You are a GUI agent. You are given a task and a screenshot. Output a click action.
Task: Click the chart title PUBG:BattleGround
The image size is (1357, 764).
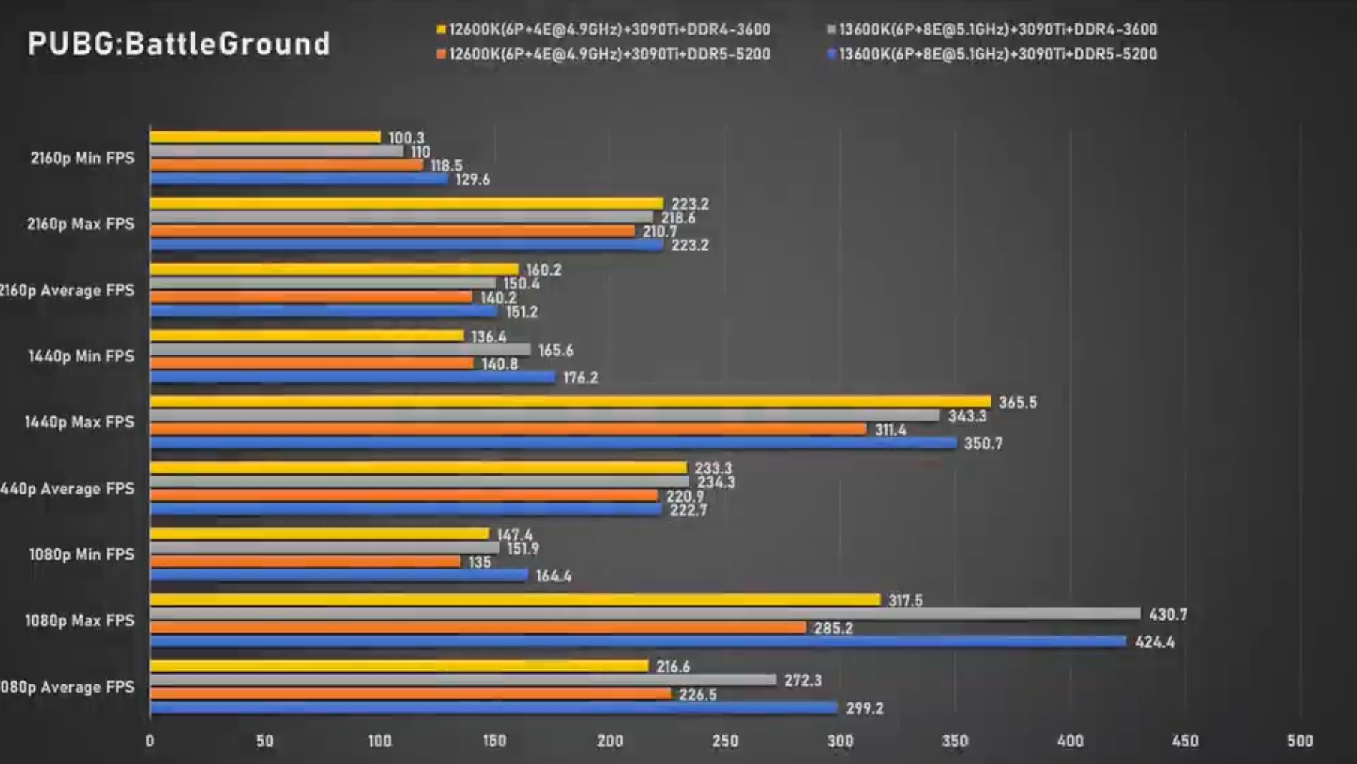(x=179, y=44)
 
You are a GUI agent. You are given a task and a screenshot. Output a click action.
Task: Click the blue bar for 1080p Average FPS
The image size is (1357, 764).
(x=493, y=708)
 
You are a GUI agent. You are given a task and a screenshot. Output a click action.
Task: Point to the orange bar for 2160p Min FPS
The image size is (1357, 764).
(x=286, y=165)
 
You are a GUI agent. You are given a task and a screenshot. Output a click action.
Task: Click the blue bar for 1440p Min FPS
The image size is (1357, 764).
(x=352, y=377)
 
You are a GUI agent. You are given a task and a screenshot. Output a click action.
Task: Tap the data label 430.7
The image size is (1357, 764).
(x=1168, y=615)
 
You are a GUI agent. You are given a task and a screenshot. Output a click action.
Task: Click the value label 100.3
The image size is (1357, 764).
(x=406, y=138)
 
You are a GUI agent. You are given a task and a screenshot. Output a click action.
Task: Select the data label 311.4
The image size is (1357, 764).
(x=890, y=430)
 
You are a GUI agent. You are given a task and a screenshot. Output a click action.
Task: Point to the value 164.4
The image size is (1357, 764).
(x=553, y=576)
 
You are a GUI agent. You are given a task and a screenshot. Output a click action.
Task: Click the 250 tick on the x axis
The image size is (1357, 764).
(x=725, y=741)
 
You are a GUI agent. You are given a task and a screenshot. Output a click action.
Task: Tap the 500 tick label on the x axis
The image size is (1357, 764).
(x=1300, y=741)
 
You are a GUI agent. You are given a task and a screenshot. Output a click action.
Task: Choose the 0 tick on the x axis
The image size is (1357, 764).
(x=150, y=741)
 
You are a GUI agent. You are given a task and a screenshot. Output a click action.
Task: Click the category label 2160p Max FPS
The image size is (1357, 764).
(x=80, y=224)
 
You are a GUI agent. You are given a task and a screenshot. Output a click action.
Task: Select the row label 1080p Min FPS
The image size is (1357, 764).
(x=81, y=554)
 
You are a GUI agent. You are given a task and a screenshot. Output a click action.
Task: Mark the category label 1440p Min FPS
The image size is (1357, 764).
(x=81, y=356)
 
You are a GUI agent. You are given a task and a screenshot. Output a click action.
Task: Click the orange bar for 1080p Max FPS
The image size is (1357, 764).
(x=478, y=627)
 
